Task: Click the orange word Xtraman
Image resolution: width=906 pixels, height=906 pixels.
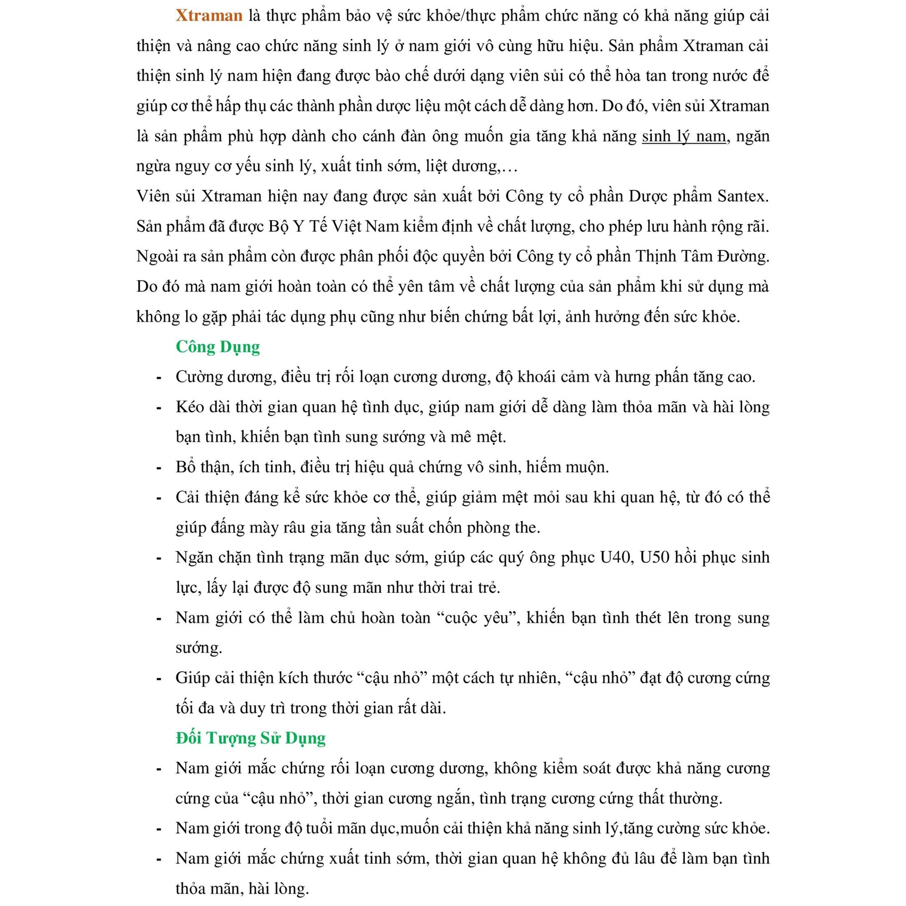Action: pyautogui.click(x=209, y=16)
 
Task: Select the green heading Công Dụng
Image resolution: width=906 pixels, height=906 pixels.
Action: pyautogui.click(x=218, y=346)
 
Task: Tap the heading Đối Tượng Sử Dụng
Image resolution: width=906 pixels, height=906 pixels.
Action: pyautogui.click(x=250, y=738)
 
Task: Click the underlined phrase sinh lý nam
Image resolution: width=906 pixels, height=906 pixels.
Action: pyautogui.click(x=684, y=137)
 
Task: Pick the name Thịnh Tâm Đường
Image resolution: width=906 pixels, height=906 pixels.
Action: pyautogui.click(x=702, y=256)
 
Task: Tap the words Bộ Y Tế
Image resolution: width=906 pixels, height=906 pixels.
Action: pyautogui.click(x=298, y=227)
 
